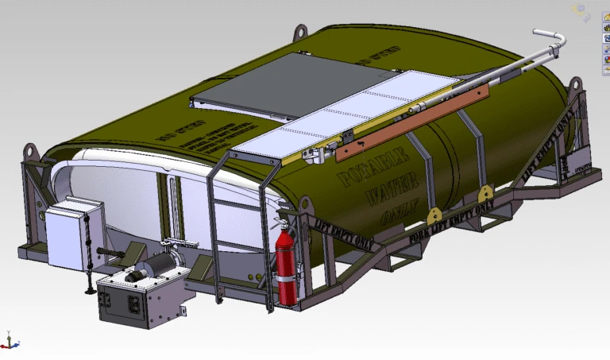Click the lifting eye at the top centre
tap(300, 33)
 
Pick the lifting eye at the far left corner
tap(31, 150)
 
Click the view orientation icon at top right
tap(582, 11)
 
